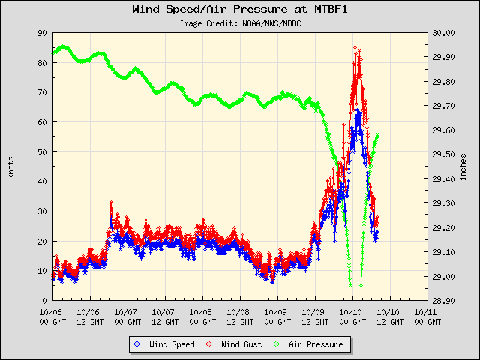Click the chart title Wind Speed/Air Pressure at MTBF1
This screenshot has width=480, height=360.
pos(240,10)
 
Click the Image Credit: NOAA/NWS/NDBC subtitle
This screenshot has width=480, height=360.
pos(240,23)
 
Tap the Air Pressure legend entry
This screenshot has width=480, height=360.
pos(308,344)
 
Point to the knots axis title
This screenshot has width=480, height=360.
pos(10,166)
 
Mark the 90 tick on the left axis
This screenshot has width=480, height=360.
pos(42,33)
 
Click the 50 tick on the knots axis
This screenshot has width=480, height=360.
pos(42,151)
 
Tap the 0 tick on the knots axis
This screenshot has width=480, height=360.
pos(44,300)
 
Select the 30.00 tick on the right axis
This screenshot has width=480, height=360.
pos(443,33)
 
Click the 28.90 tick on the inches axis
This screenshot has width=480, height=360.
pos(443,300)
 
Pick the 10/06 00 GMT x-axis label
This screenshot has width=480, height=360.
pos(51,314)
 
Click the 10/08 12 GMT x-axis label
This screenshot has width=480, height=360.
pos(238,314)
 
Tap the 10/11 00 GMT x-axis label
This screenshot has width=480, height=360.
pos(426,314)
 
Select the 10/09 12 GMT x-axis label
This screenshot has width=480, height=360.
pos(313,314)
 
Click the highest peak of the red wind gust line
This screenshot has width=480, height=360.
pos(355,47)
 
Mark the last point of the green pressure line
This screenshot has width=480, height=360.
pos(378,135)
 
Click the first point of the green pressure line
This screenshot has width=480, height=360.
pos(52,52)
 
